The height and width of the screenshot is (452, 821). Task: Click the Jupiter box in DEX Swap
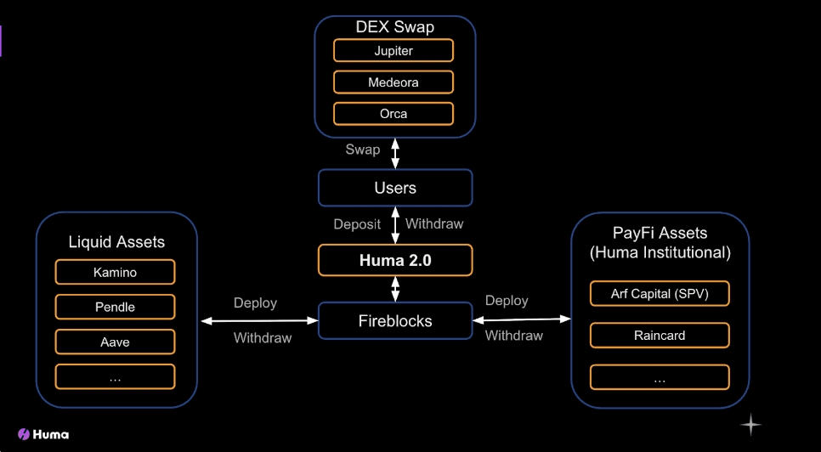pos(394,51)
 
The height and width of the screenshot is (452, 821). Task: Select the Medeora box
pos(394,82)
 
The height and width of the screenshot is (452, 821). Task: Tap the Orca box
pos(394,114)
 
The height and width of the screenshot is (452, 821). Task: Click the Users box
pos(395,188)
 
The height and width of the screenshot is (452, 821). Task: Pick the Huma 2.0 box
pos(395,260)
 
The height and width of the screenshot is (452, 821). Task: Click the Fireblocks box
pos(395,320)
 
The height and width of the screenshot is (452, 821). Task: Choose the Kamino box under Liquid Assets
pos(116,272)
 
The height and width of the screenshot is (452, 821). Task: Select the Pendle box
pos(116,307)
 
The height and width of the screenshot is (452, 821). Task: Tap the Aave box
pos(116,342)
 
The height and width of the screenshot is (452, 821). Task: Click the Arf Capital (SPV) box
pos(660,293)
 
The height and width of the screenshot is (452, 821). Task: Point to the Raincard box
pos(660,336)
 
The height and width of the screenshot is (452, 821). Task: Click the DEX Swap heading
pos(395,27)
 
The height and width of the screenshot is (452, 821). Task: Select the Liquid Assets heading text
pos(116,242)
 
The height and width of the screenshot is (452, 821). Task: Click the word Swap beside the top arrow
pos(363,150)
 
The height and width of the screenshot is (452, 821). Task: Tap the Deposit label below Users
pos(357,224)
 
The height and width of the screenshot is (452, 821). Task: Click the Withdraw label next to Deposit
pos(434,224)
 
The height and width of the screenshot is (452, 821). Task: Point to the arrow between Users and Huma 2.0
pos(395,225)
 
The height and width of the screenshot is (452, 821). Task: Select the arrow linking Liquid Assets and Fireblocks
pos(260,320)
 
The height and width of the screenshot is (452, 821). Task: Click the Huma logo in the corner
pos(43,433)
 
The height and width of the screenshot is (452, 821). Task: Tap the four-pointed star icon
pos(750,424)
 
